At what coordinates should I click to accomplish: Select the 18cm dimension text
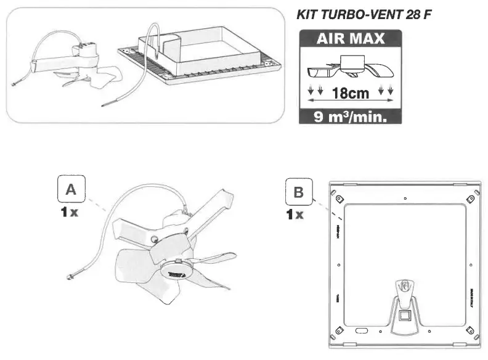click(350, 94)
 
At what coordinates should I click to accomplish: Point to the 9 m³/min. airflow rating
click(350, 116)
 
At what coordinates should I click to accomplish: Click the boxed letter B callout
click(299, 193)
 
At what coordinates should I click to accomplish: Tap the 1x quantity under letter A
click(70, 214)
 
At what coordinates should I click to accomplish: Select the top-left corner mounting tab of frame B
click(338, 198)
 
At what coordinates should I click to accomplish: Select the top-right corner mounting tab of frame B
click(470, 198)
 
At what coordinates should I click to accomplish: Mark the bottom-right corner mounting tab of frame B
click(470, 327)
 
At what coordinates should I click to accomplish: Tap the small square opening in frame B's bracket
click(404, 316)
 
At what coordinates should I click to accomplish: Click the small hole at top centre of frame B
click(404, 198)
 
